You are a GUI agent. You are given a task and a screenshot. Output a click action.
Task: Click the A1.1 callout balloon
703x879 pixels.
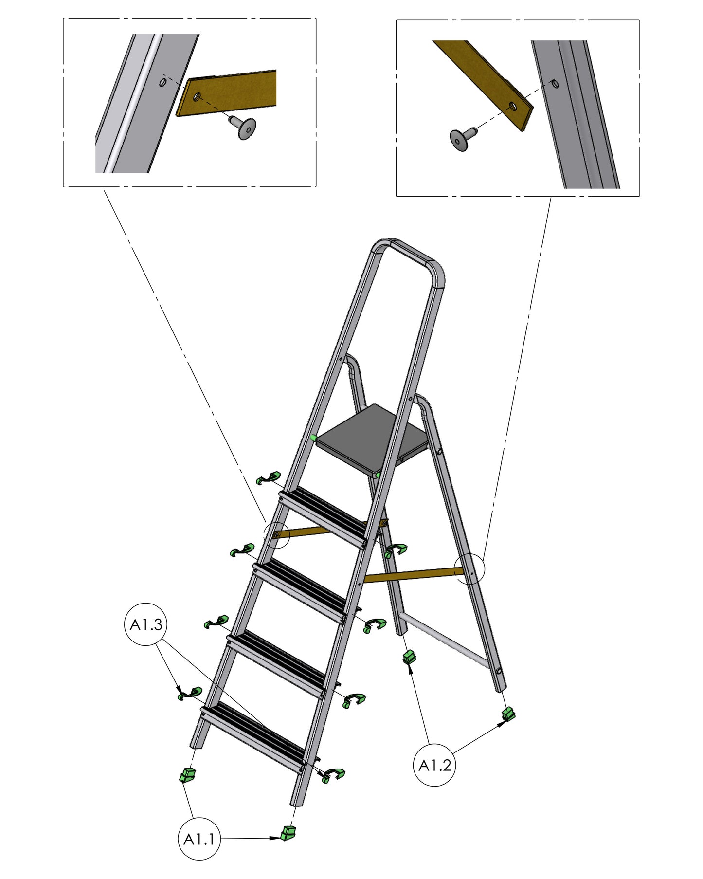point(199,839)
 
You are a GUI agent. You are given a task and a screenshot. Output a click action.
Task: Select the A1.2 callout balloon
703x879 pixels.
point(434,766)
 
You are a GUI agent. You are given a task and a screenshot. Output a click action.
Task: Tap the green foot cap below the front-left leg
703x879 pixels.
point(187,774)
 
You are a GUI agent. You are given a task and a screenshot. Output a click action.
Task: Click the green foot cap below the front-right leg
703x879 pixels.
point(288,833)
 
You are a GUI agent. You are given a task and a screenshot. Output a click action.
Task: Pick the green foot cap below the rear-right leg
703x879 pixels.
point(508,714)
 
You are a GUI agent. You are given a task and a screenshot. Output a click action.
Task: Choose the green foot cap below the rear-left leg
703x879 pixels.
point(410,657)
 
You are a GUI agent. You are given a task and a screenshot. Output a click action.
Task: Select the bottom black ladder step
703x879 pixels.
point(253,737)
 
